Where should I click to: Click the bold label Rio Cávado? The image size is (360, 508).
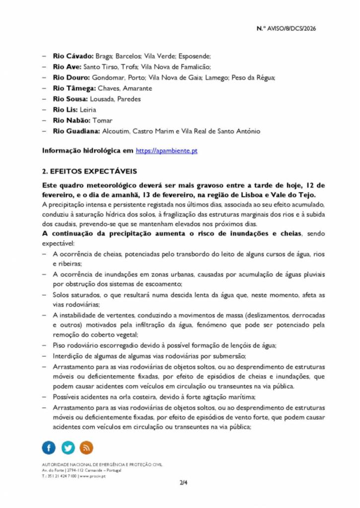click(72, 56)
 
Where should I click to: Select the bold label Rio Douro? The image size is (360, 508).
click(72, 78)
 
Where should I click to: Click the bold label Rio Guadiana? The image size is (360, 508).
click(76, 131)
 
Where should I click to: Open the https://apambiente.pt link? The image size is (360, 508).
click(166, 150)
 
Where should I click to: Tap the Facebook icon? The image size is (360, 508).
click(49, 448)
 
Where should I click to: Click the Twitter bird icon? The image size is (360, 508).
click(68, 448)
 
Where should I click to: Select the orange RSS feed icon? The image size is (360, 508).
click(86, 448)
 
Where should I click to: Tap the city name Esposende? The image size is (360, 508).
click(195, 56)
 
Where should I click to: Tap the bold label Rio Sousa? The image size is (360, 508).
click(70, 99)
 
